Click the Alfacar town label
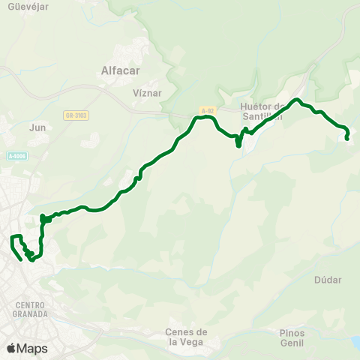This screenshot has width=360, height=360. pos(120,72)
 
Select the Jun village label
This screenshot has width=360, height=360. pos(37,127)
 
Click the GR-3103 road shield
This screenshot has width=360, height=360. pos(76,115)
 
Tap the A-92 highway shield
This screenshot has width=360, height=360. pos(207,110)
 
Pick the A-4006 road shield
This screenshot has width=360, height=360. pos(16,156)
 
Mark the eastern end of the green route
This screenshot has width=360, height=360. pos(346,138)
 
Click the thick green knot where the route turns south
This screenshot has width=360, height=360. pos(44,219)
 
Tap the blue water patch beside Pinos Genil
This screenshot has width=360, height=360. pos(355,343)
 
